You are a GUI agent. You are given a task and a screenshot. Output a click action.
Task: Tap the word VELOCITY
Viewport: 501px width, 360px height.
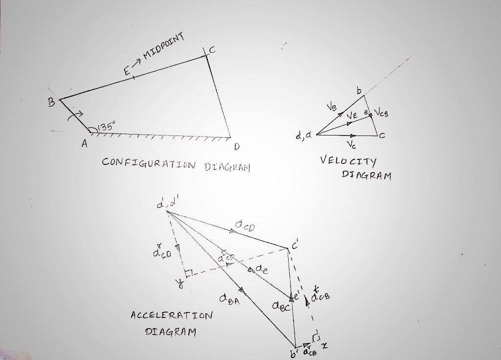point(348,160)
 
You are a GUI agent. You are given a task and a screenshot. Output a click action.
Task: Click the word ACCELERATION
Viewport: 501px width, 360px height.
point(172,315)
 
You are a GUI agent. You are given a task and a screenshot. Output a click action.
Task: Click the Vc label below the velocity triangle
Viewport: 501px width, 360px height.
point(351,144)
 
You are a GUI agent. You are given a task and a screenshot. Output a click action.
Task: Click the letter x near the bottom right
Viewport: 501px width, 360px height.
point(324,346)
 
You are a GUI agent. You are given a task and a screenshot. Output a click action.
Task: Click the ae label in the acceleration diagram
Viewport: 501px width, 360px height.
point(261,270)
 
